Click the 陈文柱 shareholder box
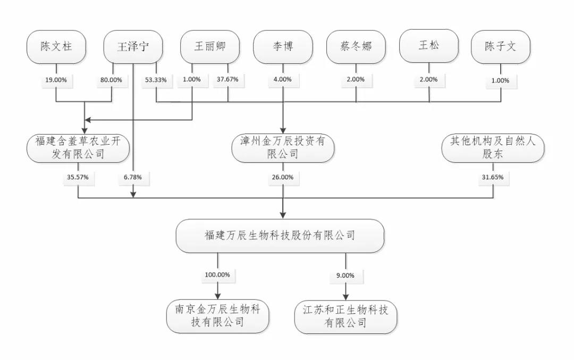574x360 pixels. pos(56,47)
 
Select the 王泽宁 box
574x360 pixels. pos(133,47)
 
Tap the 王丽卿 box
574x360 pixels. pos(210,47)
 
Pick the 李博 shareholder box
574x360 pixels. pos(282,47)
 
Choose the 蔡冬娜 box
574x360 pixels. pos(356,47)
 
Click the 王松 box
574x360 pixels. pos(429,47)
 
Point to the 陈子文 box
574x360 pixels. pos(500,47)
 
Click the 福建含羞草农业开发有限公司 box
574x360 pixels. pos(78,148)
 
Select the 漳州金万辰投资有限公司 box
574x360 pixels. pos(282,148)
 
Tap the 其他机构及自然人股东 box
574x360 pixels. pos(493,148)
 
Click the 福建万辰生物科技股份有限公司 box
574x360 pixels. pos(280,236)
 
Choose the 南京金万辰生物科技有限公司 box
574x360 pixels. pos(217,316)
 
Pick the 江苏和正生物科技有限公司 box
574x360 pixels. pos(346,317)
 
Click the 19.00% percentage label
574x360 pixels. pos(56,80)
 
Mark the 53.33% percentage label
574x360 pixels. pos(156,80)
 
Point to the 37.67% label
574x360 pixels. pos(227,80)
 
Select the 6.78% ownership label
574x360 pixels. pos(132,177)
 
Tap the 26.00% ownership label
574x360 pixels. pos(282,177)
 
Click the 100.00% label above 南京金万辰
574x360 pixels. pos(217,275)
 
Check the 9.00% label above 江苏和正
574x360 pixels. pos(346,275)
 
